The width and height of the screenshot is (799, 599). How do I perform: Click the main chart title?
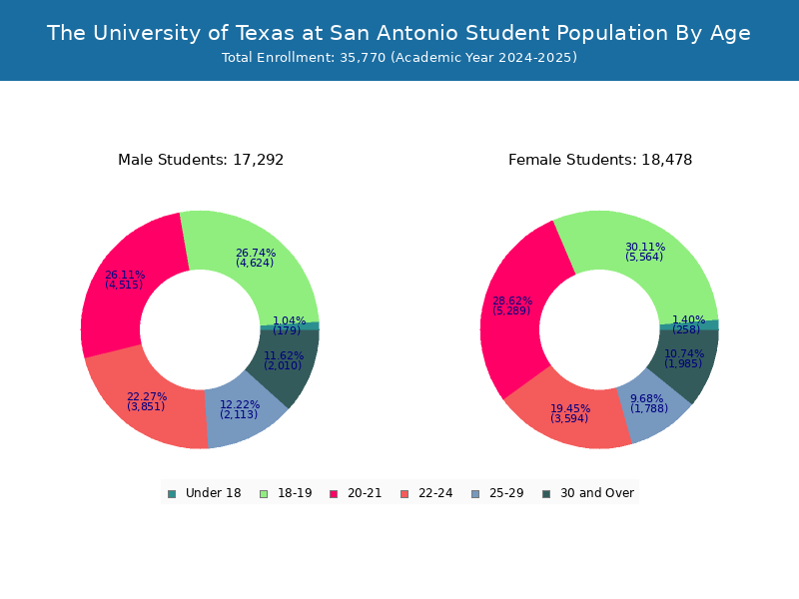pyautogui.click(x=399, y=33)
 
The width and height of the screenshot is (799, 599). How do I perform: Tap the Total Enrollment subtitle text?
pyautogui.click(x=399, y=58)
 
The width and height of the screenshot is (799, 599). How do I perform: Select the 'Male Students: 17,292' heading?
pyautogui.click(x=201, y=160)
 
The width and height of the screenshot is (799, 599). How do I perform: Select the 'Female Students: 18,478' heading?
pyautogui.click(x=600, y=160)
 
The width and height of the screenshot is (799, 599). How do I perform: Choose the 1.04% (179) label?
pyautogui.click(x=289, y=325)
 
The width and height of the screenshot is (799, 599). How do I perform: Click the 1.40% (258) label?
pyautogui.click(x=687, y=324)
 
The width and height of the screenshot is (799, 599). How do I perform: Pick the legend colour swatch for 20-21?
pyautogui.click(x=334, y=493)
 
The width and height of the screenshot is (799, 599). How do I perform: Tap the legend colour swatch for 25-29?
pyautogui.click(x=474, y=493)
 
